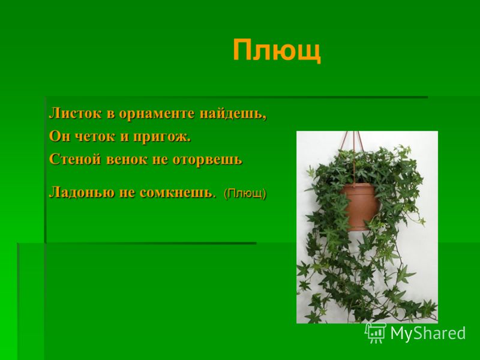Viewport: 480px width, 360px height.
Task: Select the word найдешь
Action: click(x=233, y=114)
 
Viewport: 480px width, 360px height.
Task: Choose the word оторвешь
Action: click(x=207, y=160)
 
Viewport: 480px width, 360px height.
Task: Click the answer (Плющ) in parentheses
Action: click(x=245, y=193)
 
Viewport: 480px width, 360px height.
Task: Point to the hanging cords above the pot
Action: click(x=355, y=156)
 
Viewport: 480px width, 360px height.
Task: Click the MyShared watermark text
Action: click(x=428, y=333)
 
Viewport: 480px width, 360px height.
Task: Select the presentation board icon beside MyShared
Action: click(x=376, y=333)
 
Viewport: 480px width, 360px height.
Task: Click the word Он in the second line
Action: click(x=60, y=137)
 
